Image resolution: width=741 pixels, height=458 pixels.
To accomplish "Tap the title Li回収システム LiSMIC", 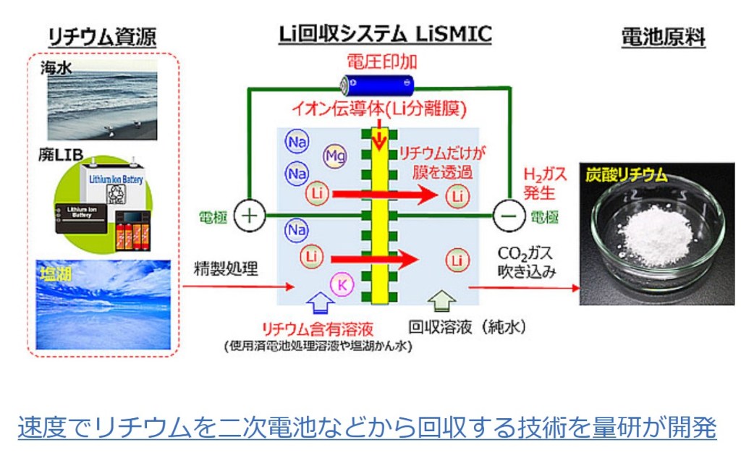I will click(x=385, y=33).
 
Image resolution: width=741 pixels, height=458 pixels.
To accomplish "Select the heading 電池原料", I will click(x=663, y=38).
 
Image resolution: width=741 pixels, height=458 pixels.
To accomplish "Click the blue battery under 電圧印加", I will click(x=379, y=85).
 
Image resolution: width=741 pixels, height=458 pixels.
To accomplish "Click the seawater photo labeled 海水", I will click(x=101, y=101).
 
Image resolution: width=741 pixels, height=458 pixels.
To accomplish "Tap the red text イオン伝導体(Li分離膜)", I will click(x=379, y=109).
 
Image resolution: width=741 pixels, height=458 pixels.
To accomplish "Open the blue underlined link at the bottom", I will click(x=367, y=428).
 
